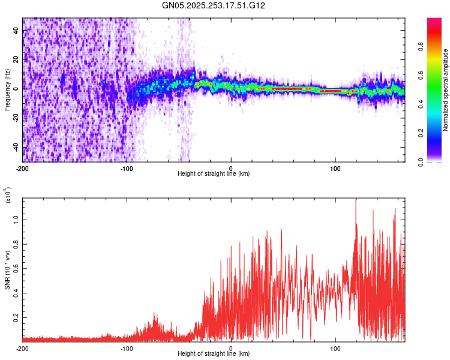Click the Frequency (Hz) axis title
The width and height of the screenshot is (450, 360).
click(x=7, y=89)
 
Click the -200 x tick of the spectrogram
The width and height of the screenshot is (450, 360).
click(x=23, y=169)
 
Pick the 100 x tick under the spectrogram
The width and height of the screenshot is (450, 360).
click(x=335, y=169)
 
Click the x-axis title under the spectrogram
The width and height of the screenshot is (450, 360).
click(x=214, y=174)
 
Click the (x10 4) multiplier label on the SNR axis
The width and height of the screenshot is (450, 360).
click(x=8, y=196)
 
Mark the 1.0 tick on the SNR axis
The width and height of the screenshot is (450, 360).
click(x=16, y=220)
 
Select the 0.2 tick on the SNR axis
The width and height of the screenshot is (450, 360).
click(x=16, y=317)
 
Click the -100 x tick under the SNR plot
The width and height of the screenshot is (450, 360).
click(x=127, y=348)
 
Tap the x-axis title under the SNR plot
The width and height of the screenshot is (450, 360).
click(x=214, y=353)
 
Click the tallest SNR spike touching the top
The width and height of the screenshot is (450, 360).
click(x=356, y=200)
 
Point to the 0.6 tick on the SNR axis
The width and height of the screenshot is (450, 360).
click(x=16, y=269)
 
